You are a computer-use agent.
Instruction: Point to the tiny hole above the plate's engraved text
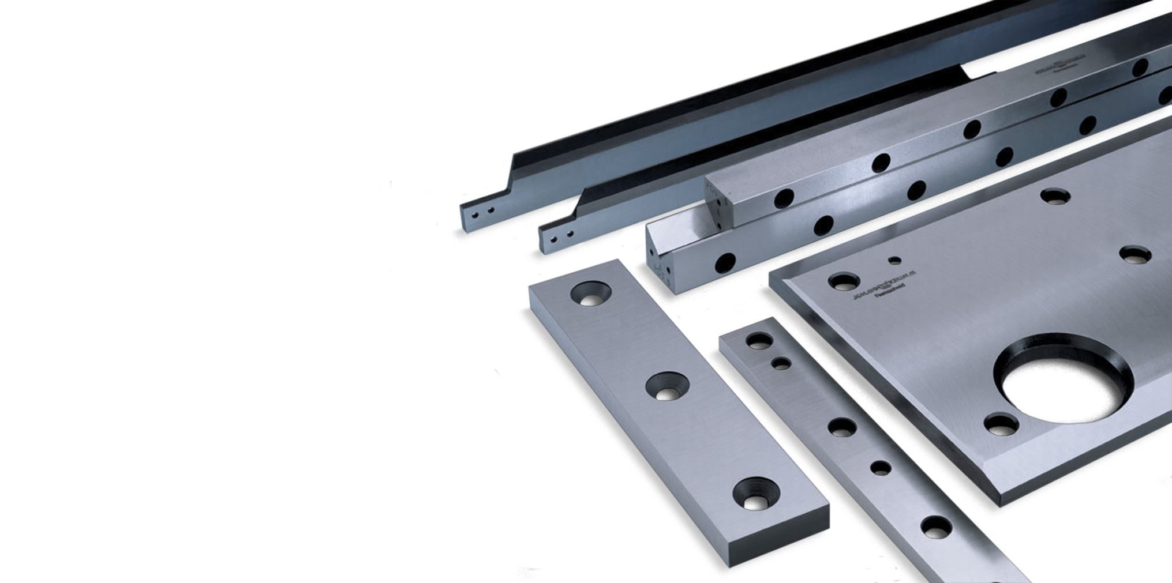(894, 260)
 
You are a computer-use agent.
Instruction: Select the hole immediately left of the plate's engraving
(844, 282)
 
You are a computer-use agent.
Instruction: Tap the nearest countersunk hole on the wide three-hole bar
(756, 494)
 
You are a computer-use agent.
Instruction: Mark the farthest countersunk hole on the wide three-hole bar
(591, 294)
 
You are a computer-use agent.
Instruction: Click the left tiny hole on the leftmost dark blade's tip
(474, 215)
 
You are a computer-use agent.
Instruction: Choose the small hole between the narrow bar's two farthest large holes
(781, 364)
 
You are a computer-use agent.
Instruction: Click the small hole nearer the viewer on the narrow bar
(881, 468)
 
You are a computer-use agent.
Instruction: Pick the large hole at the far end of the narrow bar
(759, 341)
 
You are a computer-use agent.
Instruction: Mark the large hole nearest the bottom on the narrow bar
(936, 527)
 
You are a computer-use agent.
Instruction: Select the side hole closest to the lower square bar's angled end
(725, 263)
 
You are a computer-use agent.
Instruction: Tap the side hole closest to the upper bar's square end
(784, 198)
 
